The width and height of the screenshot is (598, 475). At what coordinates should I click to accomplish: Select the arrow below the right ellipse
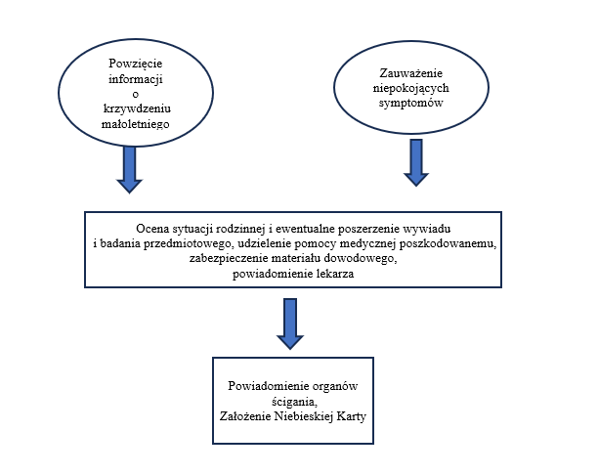[x=417, y=162]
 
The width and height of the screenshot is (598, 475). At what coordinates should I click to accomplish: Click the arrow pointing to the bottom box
[x=290, y=323]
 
